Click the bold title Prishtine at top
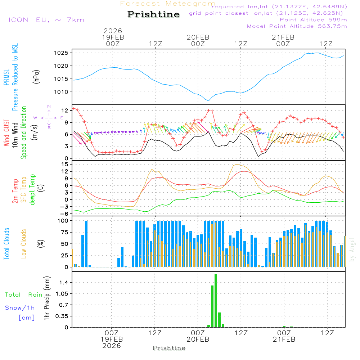(153, 14)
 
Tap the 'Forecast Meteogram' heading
(168, 4)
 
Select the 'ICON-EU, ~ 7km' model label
(46, 19)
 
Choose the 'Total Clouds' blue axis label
(6, 244)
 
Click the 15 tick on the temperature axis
(65, 164)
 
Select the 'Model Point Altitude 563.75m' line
(297, 26)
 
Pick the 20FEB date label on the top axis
(198, 37)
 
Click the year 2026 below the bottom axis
(112, 346)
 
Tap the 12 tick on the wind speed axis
(65, 110)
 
